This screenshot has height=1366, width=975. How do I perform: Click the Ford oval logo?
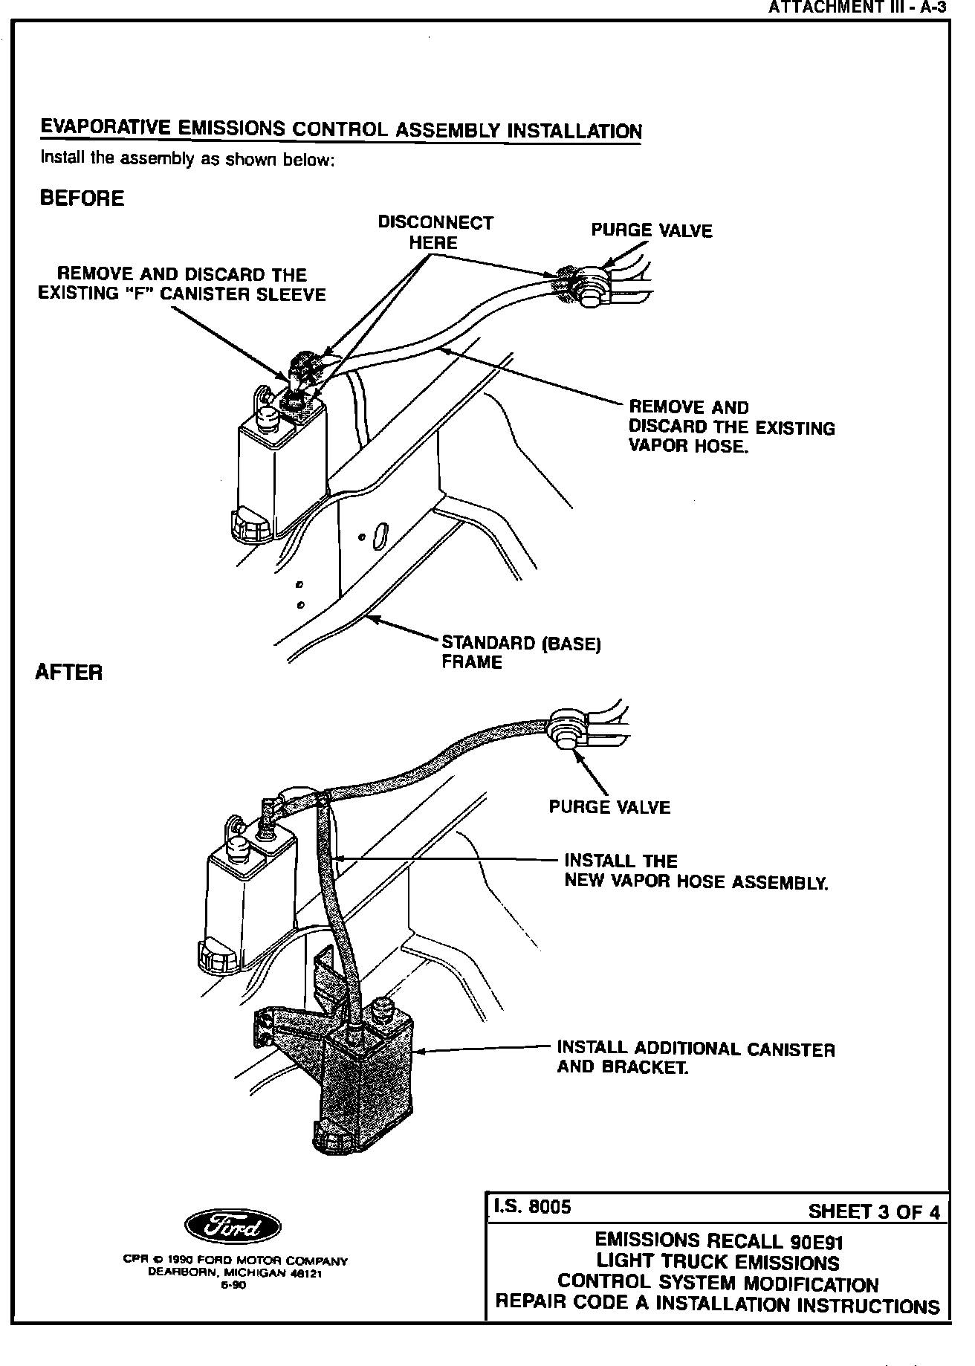point(233,1226)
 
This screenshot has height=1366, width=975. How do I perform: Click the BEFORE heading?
point(82,198)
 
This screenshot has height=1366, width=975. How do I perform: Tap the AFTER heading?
point(69,673)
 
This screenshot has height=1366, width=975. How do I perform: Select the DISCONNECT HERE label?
point(435,233)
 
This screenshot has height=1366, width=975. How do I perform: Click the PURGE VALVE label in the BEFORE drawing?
point(651,230)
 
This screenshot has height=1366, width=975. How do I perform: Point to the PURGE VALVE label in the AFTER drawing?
point(609,807)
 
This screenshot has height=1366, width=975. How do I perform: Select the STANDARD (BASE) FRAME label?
point(520,652)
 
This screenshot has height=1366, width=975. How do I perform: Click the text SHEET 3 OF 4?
point(873,1212)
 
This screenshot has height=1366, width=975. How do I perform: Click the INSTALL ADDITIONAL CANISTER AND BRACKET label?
point(696,1058)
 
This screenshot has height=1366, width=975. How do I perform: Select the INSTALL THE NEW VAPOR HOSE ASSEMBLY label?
point(696,871)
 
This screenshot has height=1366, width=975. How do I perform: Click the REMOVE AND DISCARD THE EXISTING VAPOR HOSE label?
point(731,427)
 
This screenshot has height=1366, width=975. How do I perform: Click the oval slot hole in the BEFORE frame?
point(379,536)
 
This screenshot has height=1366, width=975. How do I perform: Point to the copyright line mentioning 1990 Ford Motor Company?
point(235,1260)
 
